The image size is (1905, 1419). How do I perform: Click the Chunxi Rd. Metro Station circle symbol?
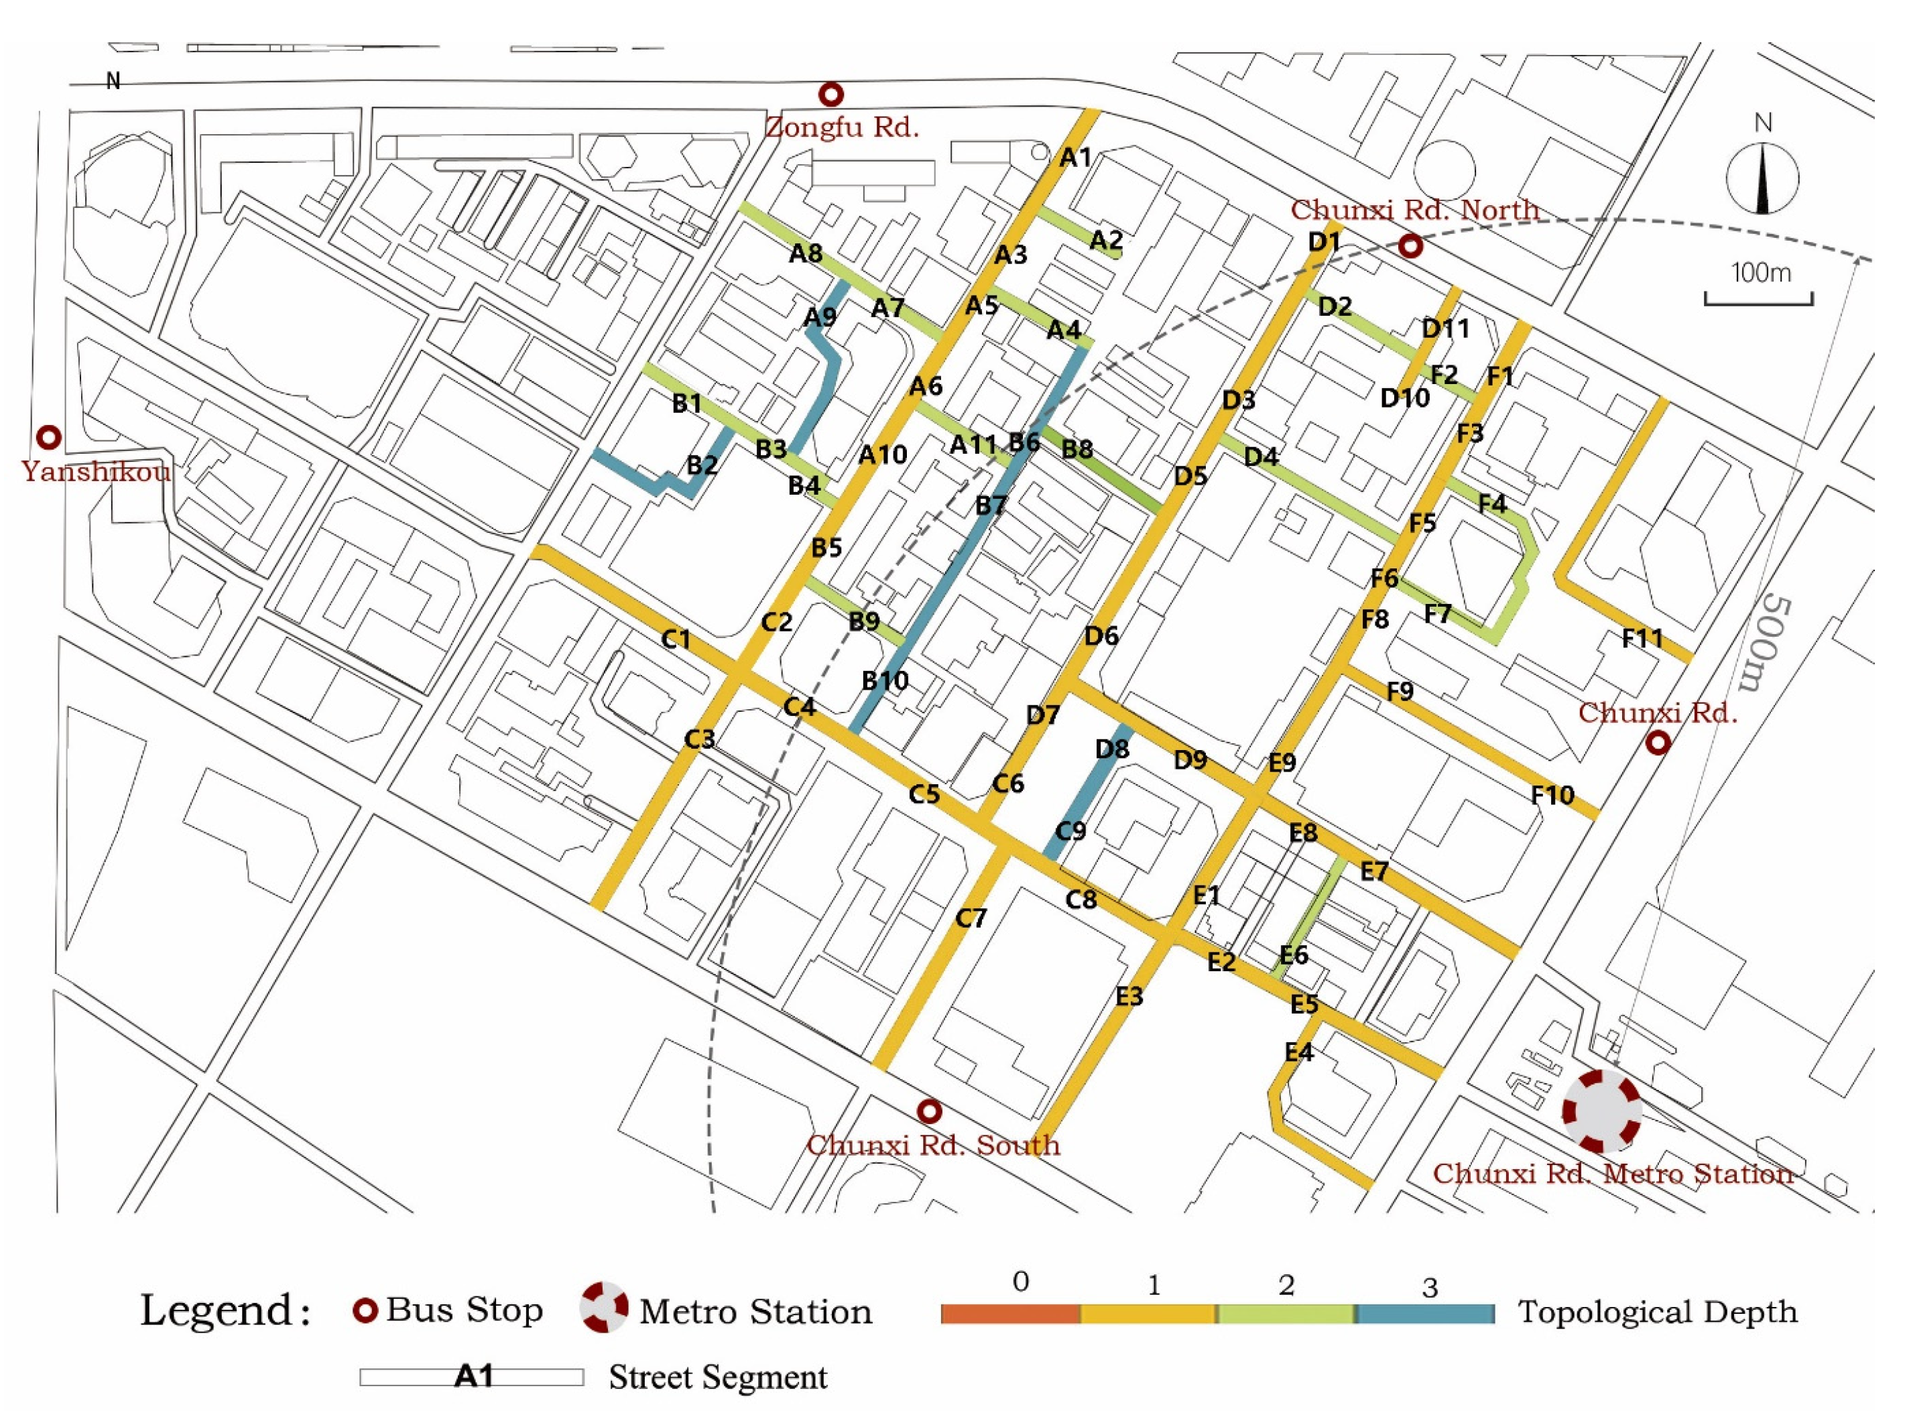[1601, 1111]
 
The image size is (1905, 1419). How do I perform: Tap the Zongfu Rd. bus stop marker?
[830, 94]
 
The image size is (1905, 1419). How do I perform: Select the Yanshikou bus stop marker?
[49, 437]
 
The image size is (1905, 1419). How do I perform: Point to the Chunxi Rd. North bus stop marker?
[1410, 247]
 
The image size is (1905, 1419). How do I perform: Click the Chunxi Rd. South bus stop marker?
[928, 1111]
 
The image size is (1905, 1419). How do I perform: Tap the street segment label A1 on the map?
[1075, 158]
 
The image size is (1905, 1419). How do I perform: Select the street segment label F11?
[1642, 638]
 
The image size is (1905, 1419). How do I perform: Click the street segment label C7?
[971, 918]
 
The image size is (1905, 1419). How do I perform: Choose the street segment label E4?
[1298, 1052]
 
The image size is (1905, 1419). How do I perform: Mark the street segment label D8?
[1111, 749]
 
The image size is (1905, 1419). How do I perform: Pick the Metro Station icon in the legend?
[604, 1308]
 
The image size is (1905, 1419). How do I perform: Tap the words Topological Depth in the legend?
[1658, 1312]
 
